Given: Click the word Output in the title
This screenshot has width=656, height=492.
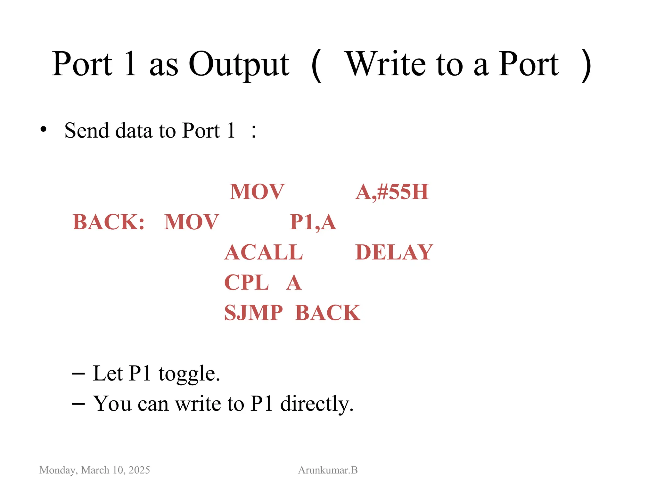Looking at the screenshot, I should tap(239, 65).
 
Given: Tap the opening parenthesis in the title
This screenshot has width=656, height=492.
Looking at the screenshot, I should tap(316, 65).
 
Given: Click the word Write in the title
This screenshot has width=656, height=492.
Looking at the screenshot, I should tap(387, 65).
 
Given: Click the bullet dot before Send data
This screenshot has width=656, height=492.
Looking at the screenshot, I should tap(44, 130).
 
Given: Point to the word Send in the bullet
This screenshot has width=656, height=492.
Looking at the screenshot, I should tap(86, 131).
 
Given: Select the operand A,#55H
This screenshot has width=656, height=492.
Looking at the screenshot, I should tap(392, 192).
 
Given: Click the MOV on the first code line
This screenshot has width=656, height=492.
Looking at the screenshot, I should tap(257, 192).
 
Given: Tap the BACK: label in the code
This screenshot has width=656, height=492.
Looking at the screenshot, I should tap(109, 222).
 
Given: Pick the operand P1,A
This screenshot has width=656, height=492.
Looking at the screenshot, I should tap(313, 222).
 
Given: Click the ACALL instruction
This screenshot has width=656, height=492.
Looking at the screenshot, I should tap(264, 252).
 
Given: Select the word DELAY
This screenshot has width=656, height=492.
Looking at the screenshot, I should tap(394, 252).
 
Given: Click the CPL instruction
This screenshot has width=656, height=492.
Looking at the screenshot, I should tap(246, 283).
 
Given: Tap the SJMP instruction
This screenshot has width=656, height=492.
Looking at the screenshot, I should tap(253, 313).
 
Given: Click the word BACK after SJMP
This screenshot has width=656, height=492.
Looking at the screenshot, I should tap(327, 313).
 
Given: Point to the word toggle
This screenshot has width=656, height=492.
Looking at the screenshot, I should tap(189, 374).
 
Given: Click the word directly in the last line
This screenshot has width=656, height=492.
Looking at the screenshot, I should tap(317, 404).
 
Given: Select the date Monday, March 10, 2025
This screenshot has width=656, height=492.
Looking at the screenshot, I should tap(94, 470).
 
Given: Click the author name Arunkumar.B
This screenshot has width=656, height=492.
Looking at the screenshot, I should tap(328, 470).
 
